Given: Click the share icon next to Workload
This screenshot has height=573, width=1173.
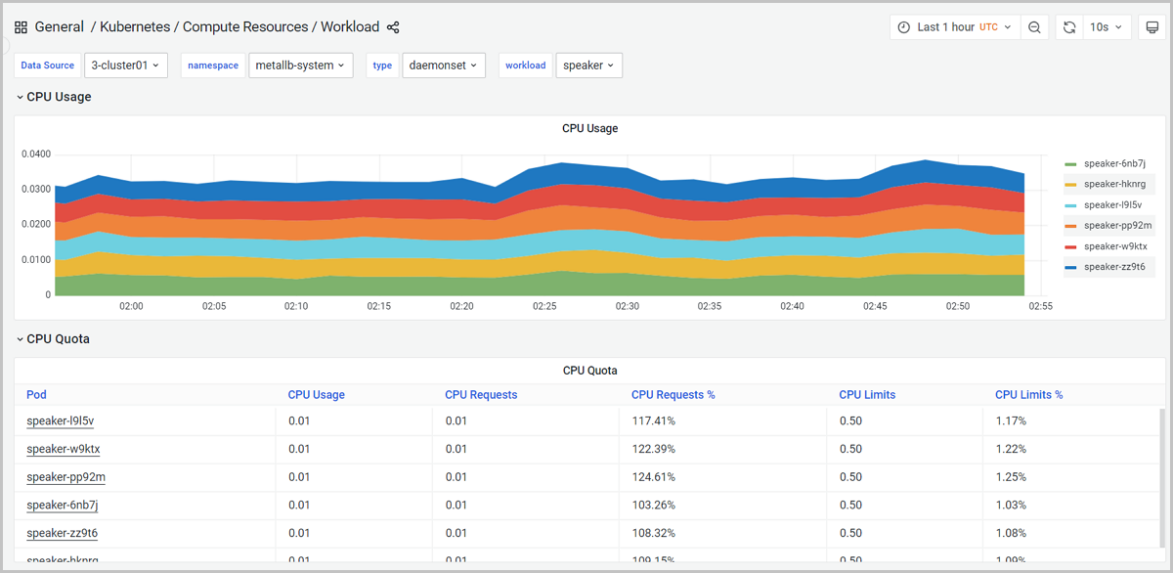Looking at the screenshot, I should (393, 27).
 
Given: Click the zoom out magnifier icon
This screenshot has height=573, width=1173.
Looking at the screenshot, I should (1034, 27).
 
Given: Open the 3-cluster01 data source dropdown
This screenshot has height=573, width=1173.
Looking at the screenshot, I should (126, 66).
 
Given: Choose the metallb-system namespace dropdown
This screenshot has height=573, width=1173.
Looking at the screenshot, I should (300, 66).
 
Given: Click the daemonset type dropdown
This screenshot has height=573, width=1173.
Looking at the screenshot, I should (443, 66).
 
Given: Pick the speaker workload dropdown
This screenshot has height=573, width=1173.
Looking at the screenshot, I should (588, 66).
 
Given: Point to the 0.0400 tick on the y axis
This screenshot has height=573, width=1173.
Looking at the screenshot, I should (36, 154).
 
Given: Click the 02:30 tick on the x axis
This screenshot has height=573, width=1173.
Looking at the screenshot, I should (627, 306).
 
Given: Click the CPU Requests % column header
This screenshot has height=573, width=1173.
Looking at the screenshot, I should (673, 395).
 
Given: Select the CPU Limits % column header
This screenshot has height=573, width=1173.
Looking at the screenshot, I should (1028, 395).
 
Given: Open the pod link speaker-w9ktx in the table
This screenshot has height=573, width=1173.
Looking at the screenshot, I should (64, 449).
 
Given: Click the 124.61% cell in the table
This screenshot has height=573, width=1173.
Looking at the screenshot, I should (653, 477).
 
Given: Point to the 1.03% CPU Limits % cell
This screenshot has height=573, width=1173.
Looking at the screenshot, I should (1011, 505).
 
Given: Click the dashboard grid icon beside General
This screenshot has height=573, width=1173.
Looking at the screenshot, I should (22, 27).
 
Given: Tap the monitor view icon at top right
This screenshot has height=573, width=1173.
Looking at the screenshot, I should (1151, 27).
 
